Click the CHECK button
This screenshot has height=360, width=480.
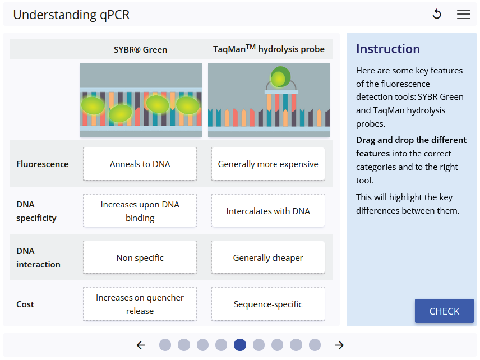coord(444,311)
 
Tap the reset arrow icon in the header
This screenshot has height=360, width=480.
coord(437,15)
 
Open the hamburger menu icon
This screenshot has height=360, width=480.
coord(463,15)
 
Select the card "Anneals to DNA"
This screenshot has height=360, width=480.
coord(140,164)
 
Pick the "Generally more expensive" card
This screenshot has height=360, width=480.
coord(268,164)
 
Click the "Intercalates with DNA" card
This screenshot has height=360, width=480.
coord(268,211)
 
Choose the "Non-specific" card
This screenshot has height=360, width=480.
coord(140,258)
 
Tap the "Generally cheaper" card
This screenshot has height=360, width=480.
coord(268,258)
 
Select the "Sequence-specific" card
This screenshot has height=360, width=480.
coord(268,304)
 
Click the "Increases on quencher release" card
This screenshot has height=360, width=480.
coord(140,304)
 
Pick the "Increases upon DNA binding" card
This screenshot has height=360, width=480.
coord(140,211)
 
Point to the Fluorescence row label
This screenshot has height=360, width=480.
coord(43,164)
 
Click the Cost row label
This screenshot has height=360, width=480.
coord(25,304)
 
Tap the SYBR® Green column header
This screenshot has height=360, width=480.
coord(140,49)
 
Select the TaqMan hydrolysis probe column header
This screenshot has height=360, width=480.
coord(269,49)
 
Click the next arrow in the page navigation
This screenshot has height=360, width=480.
coord(339,345)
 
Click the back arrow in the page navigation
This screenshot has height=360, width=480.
coord(141,345)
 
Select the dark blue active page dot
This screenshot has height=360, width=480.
coord(240,345)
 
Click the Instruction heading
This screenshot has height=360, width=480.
coord(388,49)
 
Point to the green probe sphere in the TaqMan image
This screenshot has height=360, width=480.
coord(280,77)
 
